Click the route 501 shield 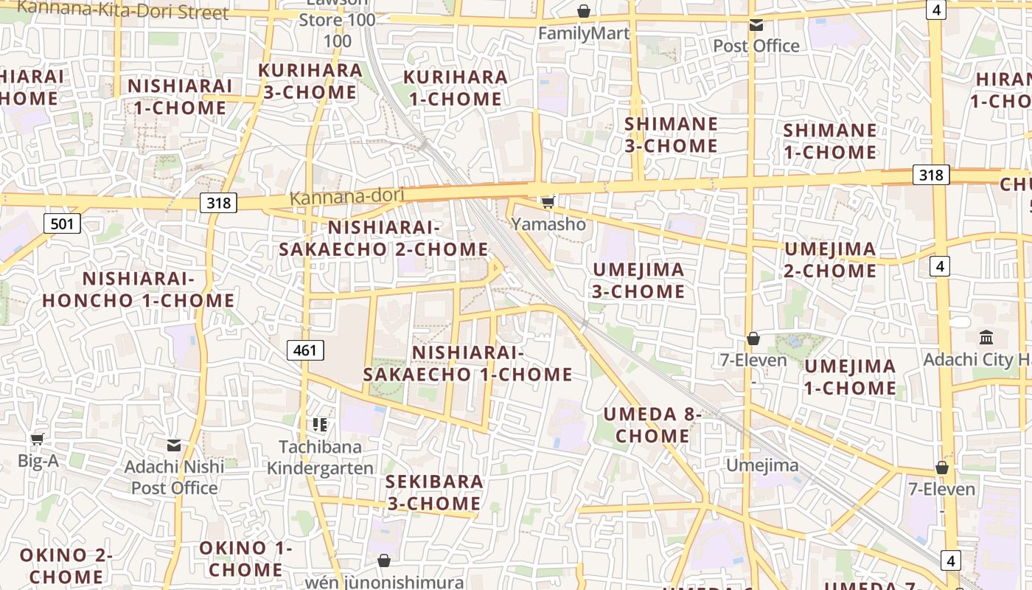pyautogui.click(x=61, y=223)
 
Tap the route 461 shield pyautogui.click(x=305, y=350)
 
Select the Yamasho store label pyautogui.click(x=549, y=224)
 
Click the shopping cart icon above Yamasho pyautogui.click(x=548, y=202)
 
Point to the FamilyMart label pyautogui.click(x=584, y=33)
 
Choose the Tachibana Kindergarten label pyautogui.click(x=315, y=457)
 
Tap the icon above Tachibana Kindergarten pyautogui.click(x=319, y=424)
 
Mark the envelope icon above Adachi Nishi pyautogui.click(x=174, y=445)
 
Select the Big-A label pyautogui.click(x=38, y=462)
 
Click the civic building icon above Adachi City pyautogui.click(x=986, y=338)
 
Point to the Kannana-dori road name pyautogui.click(x=347, y=197)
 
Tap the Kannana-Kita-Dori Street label pyautogui.click(x=123, y=11)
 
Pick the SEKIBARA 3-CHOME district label pyautogui.click(x=434, y=493)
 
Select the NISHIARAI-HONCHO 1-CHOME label pyautogui.click(x=138, y=290)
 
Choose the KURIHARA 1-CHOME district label pyautogui.click(x=455, y=88)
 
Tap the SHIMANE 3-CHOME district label pyautogui.click(x=671, y=135)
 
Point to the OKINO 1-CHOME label pyautogui.click(x=245, y=559)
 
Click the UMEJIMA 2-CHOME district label pyautogui.click(x=830, y=260)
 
